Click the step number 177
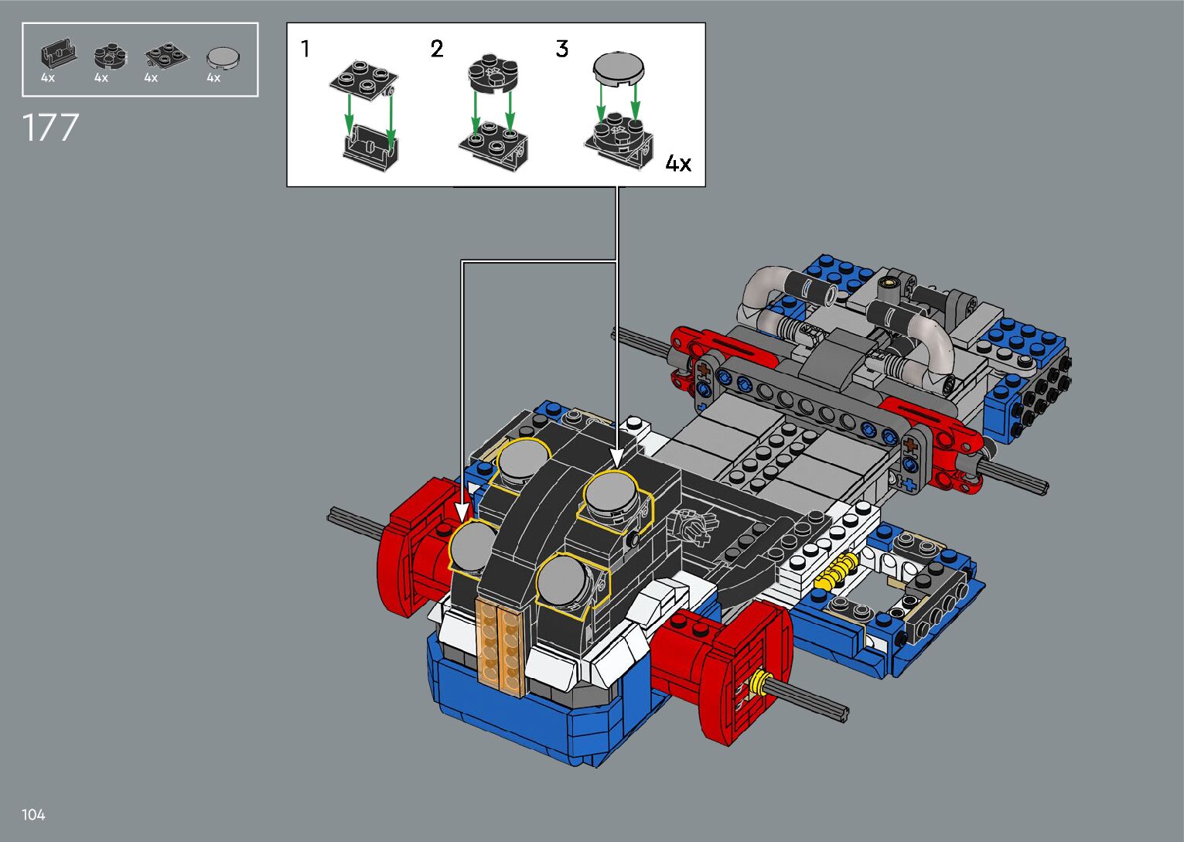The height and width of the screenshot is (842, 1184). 51,128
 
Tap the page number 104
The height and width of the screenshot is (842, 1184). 33,814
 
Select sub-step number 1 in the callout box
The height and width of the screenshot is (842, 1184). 305,49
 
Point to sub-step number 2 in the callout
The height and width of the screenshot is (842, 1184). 437,49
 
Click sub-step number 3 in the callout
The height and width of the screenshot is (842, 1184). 562,49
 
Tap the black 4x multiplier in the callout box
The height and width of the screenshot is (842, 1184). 678,163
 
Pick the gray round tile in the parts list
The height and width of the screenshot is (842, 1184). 223,58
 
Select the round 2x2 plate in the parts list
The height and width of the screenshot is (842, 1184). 111,56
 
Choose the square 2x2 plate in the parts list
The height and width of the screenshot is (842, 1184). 166,56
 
